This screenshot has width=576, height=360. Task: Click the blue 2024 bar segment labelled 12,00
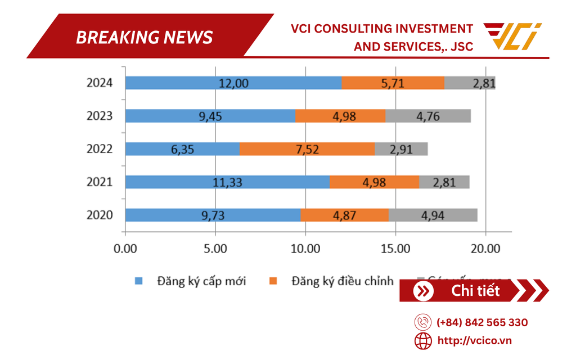click(233, 83)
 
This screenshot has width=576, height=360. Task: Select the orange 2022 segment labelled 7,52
click(307, 149)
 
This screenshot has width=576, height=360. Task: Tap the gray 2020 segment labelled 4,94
click(433, 215)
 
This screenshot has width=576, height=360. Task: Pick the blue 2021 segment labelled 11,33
click(227, 182)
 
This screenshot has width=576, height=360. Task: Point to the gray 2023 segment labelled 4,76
click(428, 116)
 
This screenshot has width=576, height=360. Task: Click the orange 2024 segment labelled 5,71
click(393, 83)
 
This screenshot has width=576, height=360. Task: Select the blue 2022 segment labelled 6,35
click(182, 149)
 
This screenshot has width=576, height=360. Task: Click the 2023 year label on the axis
click(100, 116)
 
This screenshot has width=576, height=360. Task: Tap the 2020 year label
click(100, 215)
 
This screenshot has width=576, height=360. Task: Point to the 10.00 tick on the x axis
click(305, 248)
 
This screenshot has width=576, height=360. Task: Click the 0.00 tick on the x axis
click(125, 248)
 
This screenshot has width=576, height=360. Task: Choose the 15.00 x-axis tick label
click(395, 248)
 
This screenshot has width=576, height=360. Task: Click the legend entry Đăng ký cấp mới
click(201, 281)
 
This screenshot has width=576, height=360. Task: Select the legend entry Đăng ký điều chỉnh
click(342, 281)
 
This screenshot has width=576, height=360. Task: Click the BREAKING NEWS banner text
click(145, 37)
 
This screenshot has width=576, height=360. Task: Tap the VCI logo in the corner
click(512, 35)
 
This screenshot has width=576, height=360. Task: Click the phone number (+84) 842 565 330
click(482, 322)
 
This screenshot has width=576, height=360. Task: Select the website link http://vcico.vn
click(474, 340)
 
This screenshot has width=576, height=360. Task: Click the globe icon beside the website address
click(423, 340)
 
